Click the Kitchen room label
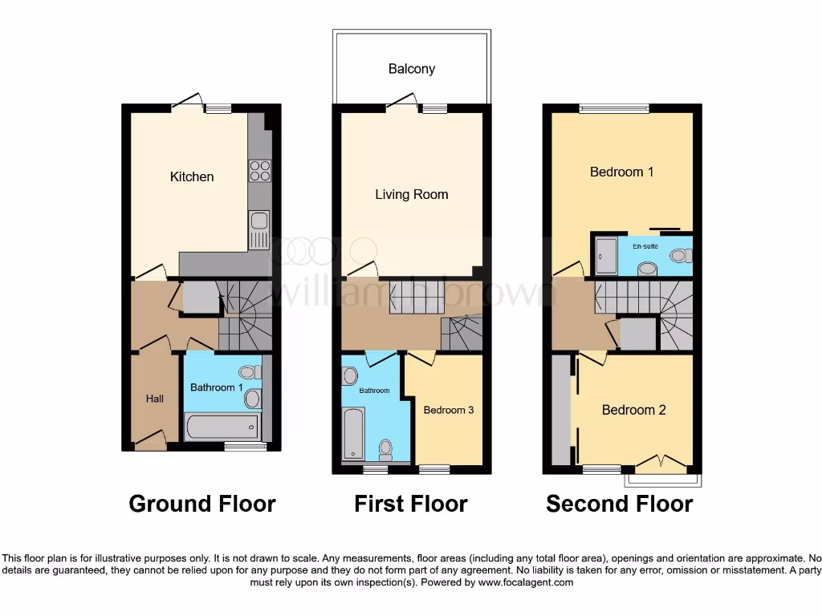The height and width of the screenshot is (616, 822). pyautogui.click(x=192, y=176)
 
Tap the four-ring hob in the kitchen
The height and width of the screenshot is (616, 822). pyautogui.click(x=259, y=171)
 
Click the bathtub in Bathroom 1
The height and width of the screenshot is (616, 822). pyautogui.click(x=222, y=427)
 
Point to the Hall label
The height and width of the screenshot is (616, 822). pyautogui.click(x=155, y=399)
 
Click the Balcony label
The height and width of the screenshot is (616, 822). pyautogui.click(x=412, y=69)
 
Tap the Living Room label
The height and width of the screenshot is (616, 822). pyautogui.click(x=412, y=194)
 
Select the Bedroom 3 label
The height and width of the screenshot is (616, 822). pyautogui.click(x=449, y=410)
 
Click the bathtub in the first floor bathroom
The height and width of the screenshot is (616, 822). pyautogui.click(x=354, y=432)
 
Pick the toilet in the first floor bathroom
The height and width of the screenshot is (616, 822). pyautogui.click(x=386, y=449)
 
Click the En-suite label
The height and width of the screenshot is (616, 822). pyautogui.click(x=645, y=246)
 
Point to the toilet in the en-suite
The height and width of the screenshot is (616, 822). pyautogui.click(x=680, y=256)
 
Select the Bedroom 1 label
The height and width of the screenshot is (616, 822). pyautogui.click(x=622, y=172)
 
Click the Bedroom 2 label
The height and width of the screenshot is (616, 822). pyautogui.click(x=634, y=410)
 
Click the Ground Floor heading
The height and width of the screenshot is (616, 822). pyautogui.click(x=202, y=504)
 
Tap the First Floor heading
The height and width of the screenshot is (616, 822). pyautogui.click(x=411, y=504)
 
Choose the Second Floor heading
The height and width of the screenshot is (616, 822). pyautogui.click(x=620, y=504)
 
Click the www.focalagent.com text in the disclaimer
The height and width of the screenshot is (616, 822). pyautogui.click(x=525, y=583)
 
